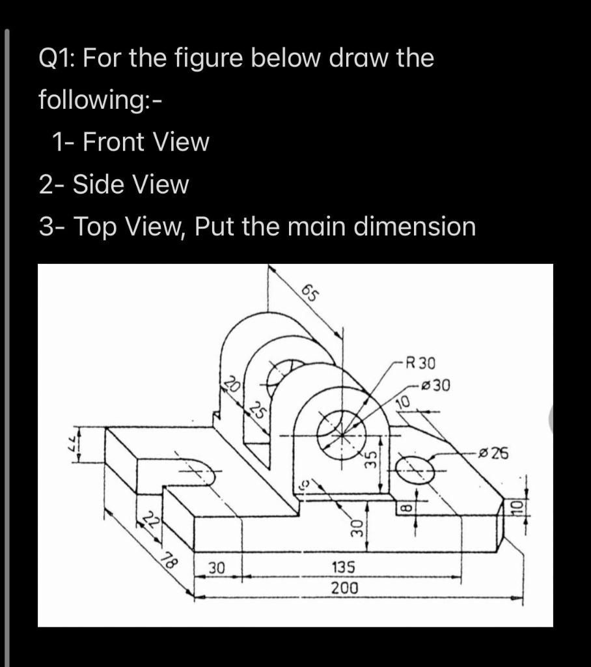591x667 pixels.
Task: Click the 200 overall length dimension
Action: pyautogui.click(x=344, y=588)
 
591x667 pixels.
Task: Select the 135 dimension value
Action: pyautogui.click(x=344, y=568)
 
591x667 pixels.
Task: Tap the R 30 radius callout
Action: pyautogui.click(x=421, y=362)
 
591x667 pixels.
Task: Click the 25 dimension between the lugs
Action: pyautogui.click(x=258, y=412)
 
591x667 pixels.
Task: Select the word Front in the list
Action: pyautogui.click(x=114, y=142)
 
